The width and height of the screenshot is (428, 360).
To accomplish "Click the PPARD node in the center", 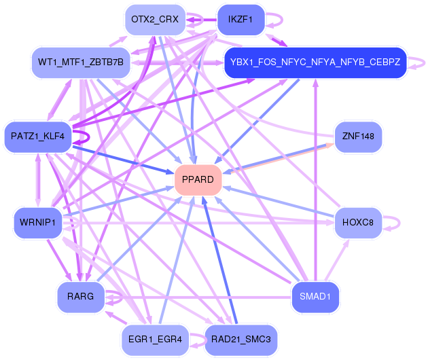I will [x=198, y=180].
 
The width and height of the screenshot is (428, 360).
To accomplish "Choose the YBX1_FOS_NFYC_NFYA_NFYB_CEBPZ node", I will [x=315, y=63].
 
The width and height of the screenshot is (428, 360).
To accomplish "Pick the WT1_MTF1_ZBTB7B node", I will [x=81, y=63].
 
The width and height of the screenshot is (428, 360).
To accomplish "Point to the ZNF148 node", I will [x=359, y=137].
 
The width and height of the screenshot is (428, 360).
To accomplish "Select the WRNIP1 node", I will [x=38, y=223].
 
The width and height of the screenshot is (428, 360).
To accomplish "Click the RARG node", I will [x=80, y=297].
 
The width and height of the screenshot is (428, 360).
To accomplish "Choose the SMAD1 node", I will [x=315, y=297].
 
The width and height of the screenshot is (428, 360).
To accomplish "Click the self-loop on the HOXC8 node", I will [x=398, y=223].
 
